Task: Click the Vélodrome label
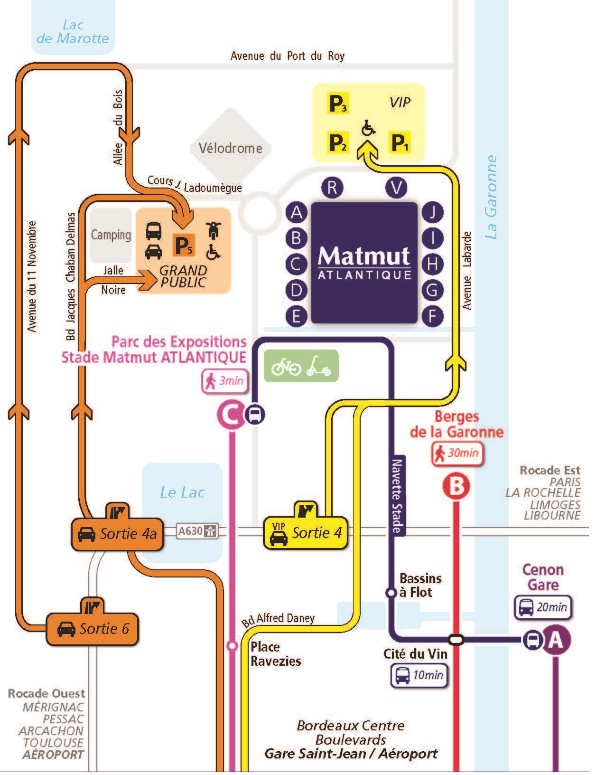(231, 148)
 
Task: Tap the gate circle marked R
(332, 187)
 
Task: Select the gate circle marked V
(397, 187)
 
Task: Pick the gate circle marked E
(297, 316)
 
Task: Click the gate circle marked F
(432, 316)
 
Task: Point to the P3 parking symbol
(338, 104)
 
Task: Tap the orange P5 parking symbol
(184, 245)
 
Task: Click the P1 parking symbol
(400, 142)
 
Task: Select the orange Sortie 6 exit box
(93, 629)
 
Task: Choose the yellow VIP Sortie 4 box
(305, 533)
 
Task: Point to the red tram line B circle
(456, 486)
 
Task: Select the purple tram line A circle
(556, 641)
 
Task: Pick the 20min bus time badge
(542, 607)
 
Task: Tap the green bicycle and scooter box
(301, 366)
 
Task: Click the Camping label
(111, 235)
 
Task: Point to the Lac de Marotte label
(73, 32)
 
